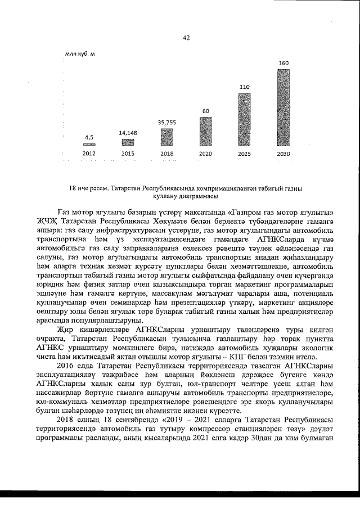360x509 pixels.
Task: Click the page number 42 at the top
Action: pyautogui.click(x=186, y=38)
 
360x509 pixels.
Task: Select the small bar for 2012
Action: pyautogui.click(x=89, y=145)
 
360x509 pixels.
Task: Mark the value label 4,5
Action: pyautogui.click(x=89, y=137)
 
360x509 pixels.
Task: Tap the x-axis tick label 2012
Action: pyautogui.click(x=89, y=153)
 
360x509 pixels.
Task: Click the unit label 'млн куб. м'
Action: pyautogui.click(x=80, y=54)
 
